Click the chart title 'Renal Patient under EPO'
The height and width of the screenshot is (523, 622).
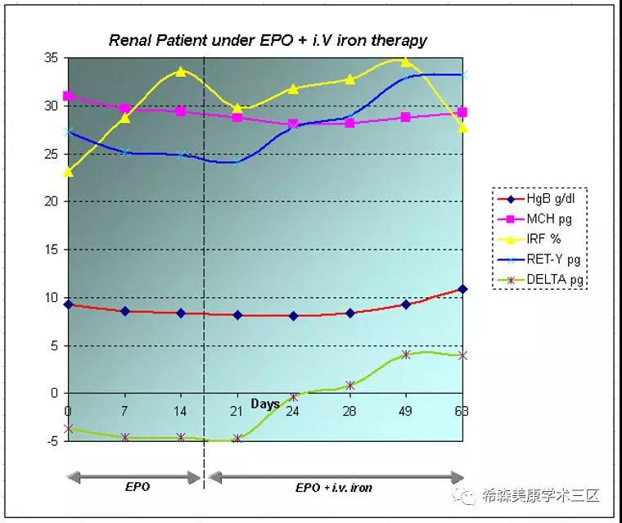point(268,40)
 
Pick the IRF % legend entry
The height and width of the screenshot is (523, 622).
point(544,239)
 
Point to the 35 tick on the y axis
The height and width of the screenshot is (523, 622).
point(52,58)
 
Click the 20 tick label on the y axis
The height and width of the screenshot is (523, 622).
point(52,201)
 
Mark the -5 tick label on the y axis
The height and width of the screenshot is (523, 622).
point(52,441)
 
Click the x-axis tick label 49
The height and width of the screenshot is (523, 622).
point(406,411)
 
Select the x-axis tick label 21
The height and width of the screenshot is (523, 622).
point(237,411)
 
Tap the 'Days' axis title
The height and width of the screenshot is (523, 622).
point(265,404)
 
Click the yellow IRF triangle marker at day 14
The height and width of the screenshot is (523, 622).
point(181,71)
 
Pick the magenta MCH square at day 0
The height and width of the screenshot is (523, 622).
point(68,96)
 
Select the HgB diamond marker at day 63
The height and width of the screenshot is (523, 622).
point(463,289)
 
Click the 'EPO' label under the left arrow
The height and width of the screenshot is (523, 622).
point(137,487)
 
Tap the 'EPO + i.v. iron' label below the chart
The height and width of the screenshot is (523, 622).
point(334,488)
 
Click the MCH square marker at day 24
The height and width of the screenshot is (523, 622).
point(293,124)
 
